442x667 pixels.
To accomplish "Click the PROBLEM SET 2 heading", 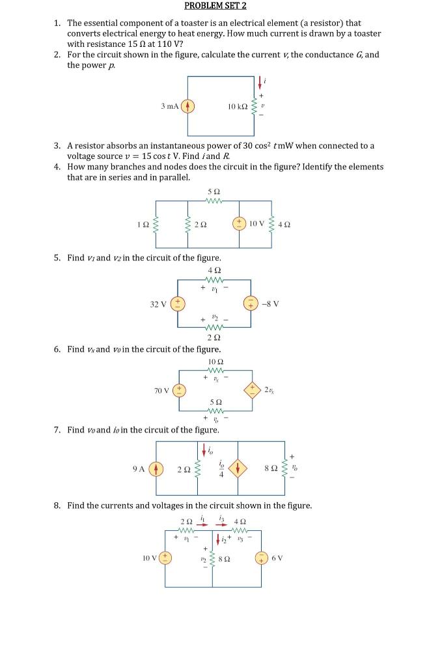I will [215, 6].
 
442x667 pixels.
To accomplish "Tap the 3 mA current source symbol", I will [187, 106].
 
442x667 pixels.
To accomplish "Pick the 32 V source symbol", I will [178, 304].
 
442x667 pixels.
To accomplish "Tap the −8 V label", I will [270, 304].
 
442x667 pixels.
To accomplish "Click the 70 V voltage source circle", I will [178, 390].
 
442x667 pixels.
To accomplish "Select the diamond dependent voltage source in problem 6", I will [252, 390].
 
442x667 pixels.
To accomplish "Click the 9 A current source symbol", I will [156, 469].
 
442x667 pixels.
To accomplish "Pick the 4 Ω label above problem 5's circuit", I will [214, 270].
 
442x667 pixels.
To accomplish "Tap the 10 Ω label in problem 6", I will [215, 362].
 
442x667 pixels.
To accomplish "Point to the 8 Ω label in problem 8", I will [227, 558].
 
